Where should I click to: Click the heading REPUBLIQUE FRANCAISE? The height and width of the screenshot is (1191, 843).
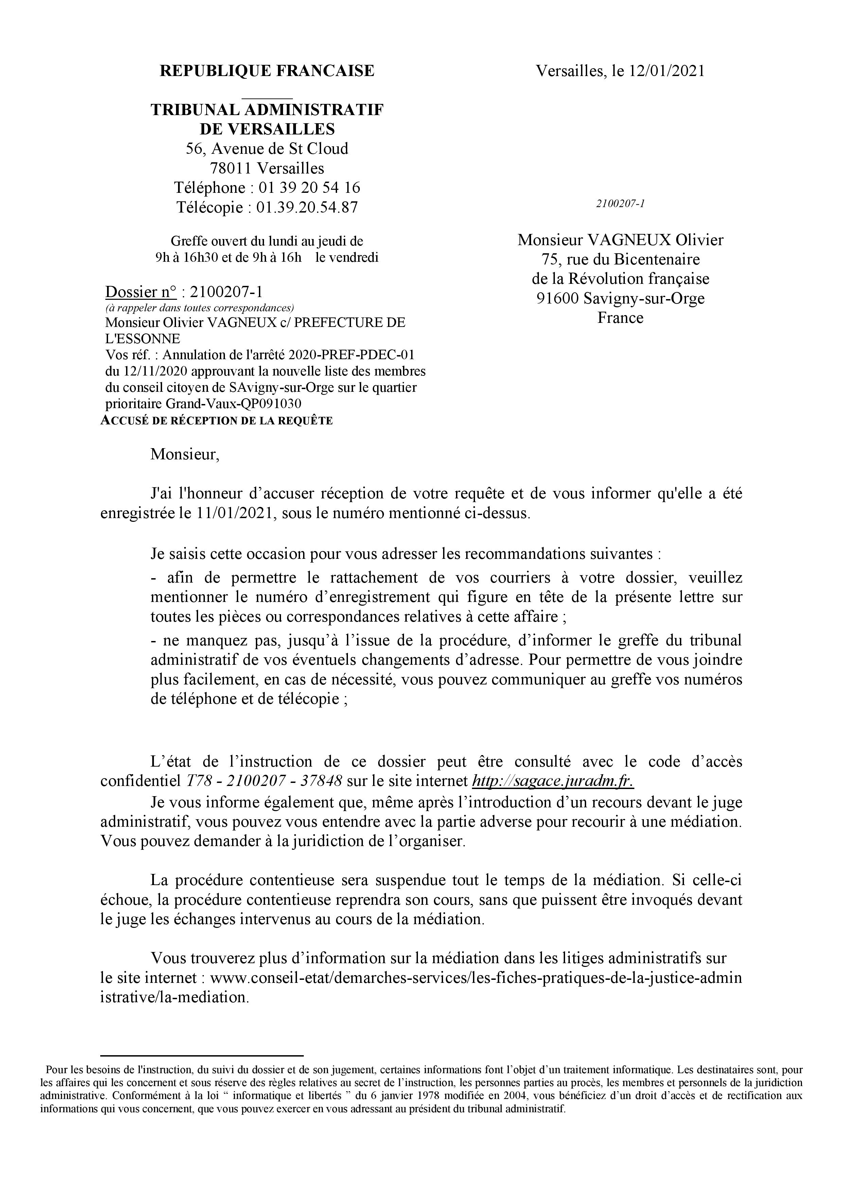click(x=267, y=71)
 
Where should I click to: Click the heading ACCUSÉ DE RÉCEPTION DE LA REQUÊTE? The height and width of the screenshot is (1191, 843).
click(x=216, y=421)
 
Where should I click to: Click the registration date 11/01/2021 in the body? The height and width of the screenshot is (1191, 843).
click(x=236, y=514)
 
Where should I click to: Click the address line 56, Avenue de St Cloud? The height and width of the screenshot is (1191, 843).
click(x=267, y=149)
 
